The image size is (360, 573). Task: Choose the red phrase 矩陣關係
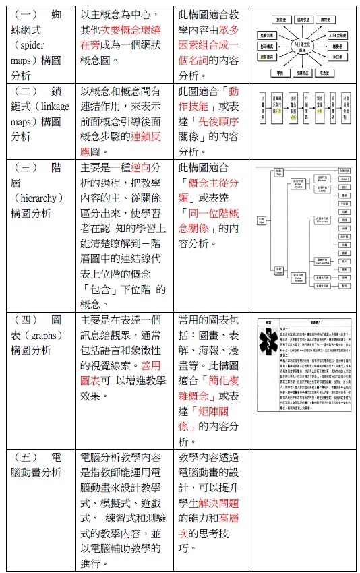pos(201,411)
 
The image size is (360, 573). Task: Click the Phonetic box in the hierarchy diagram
pos(321,179)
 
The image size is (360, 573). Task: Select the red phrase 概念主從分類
pos(209,183)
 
